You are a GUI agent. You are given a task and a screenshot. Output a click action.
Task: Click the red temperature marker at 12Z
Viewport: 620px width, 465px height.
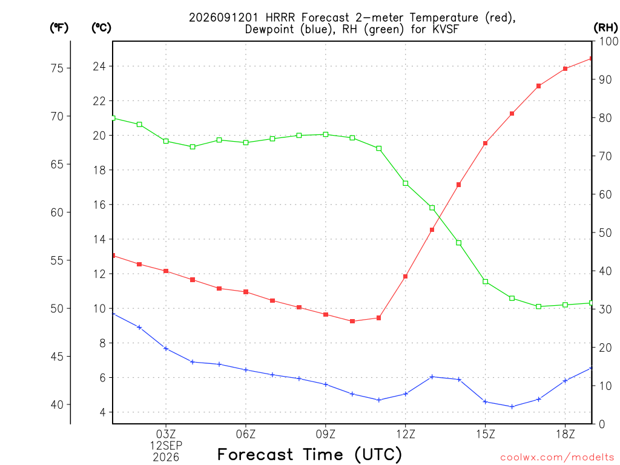(x=405, y=276)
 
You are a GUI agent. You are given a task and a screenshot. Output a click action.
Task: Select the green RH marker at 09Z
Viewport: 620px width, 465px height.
(x=326, y=134)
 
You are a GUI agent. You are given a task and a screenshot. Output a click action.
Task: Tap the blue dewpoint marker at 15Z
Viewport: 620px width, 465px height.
(x=485, y=402)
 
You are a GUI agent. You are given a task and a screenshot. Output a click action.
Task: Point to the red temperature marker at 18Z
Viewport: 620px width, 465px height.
(x=566, y=69)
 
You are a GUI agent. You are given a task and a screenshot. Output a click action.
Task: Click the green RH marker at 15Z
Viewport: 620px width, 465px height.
(x=485, y=282)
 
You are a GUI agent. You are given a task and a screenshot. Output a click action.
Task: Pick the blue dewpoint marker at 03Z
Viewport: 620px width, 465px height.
(x=166, y=348)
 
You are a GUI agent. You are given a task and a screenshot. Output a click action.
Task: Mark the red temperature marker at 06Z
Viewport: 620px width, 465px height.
(x=246, y=292)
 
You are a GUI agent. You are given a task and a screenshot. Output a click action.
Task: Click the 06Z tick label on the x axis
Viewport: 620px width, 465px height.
(x=246, y=434)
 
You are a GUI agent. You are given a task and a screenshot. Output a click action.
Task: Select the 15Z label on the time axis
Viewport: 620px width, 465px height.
(x=486, y=434)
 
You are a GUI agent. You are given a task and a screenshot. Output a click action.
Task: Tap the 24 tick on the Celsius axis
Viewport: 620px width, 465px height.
(x=99, y=66)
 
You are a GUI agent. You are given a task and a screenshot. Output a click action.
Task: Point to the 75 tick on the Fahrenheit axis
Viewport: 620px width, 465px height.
(x=57, y=68)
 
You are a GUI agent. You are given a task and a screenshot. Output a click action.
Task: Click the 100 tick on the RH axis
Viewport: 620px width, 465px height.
(x=609, y=41)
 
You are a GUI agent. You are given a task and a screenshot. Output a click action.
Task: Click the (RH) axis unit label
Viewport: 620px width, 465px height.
(x=605, y=27)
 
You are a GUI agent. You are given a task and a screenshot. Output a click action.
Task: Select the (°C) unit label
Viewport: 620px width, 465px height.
(x=101, y=27)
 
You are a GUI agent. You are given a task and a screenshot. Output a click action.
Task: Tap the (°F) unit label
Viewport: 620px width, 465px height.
(x=59, y=27)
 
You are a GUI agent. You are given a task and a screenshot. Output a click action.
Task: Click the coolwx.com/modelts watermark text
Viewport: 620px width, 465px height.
(x=557, y=458)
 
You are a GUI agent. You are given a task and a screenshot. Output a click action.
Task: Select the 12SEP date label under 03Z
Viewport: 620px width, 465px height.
(x=166, y=446)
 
